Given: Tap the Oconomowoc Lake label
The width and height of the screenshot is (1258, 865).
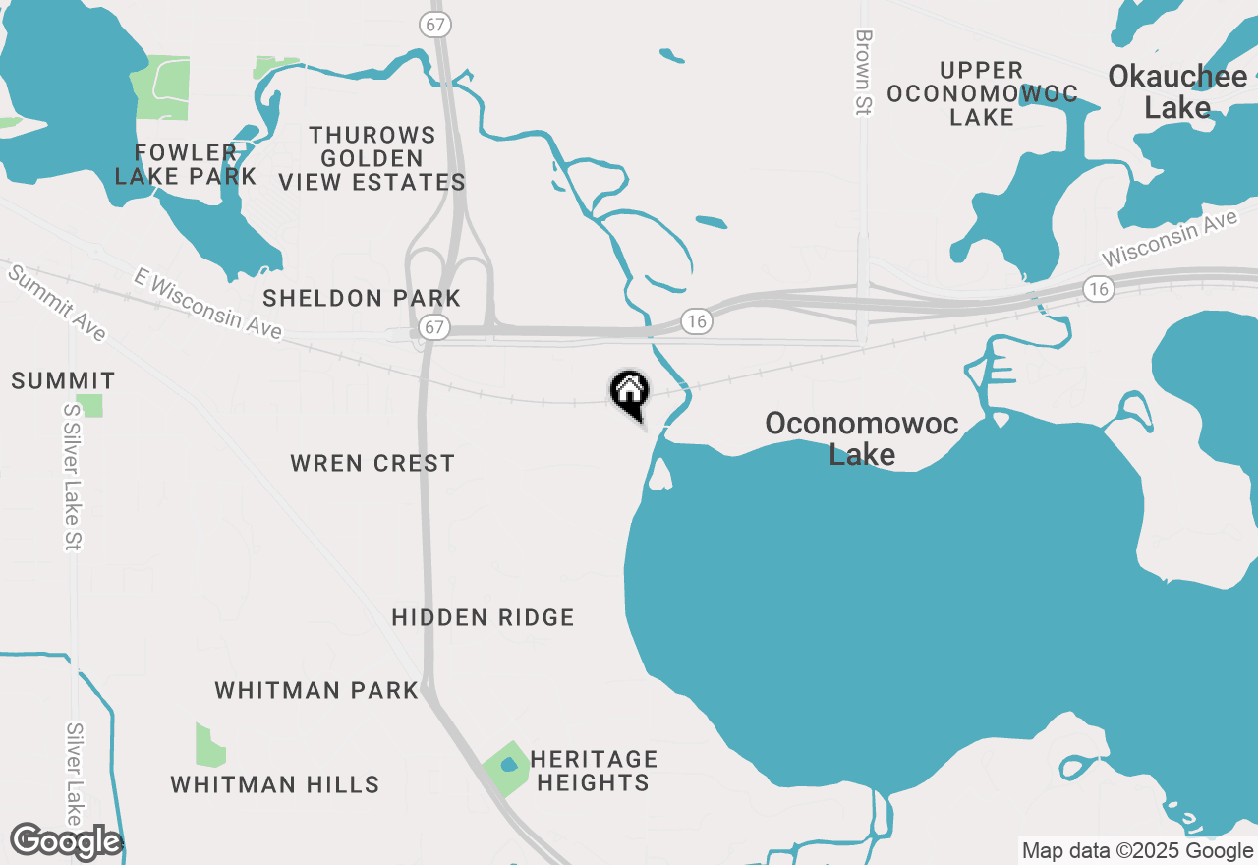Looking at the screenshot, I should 862,438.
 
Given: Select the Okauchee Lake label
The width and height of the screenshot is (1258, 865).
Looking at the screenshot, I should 1177,91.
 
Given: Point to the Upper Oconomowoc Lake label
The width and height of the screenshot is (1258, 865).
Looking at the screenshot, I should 982,93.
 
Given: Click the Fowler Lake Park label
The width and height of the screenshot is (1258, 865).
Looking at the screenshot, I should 186,165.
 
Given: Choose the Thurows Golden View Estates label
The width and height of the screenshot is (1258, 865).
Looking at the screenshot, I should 372,158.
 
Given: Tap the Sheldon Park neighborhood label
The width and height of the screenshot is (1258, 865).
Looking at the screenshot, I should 362,298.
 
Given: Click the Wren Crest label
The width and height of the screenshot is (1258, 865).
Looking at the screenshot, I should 372,463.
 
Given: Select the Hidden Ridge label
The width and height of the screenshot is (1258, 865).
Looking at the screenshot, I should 483,617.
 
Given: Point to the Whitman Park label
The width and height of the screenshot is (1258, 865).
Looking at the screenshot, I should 316,690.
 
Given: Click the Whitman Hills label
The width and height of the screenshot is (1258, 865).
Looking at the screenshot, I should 275,784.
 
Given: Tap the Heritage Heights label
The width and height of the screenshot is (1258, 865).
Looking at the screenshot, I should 593,771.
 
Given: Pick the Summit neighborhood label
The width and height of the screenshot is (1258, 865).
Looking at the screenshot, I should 63,380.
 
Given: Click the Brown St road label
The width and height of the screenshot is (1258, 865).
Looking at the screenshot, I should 864,73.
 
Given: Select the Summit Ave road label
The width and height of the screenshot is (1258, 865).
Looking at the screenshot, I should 56,302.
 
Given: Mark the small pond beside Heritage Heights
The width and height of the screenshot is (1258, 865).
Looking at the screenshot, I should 508,765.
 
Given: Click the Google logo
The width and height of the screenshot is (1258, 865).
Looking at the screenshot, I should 66,841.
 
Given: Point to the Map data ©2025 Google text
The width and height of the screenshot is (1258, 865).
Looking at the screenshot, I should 1137,851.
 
